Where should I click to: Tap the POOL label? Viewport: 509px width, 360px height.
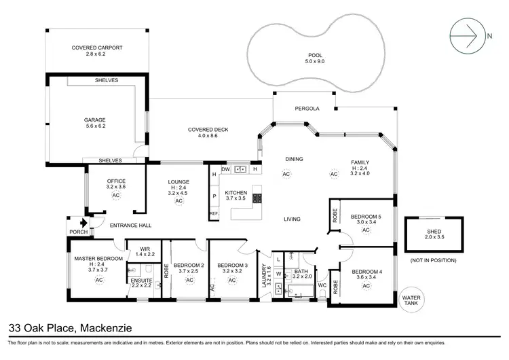click(x=314, y=54)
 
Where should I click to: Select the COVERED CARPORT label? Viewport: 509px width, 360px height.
click(x=97, y=48)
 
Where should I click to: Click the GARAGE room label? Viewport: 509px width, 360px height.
click(x=94, y=120)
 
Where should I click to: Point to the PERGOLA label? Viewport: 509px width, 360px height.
click(x=307, y=109)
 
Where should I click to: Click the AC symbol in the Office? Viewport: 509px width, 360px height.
click(x=115, y=195)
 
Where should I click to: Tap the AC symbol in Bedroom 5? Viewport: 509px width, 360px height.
click(x=366, y=230)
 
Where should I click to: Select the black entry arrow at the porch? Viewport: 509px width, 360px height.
click(x=83, y=222)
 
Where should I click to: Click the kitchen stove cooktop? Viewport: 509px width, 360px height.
click(x=258, y=198)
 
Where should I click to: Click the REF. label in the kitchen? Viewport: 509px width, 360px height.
click(x=214, y=213)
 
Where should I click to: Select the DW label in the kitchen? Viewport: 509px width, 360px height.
click(x=226, y=169)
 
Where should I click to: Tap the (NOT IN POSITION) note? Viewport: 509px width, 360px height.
click(x=433, y=261)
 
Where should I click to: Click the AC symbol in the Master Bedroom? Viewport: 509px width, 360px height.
click(x=98, y=279)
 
